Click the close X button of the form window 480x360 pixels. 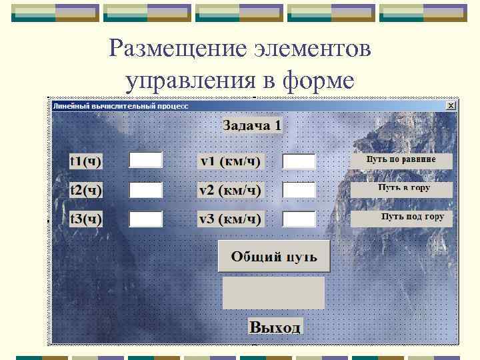451,105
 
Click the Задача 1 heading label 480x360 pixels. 252,125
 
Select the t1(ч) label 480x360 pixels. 87,161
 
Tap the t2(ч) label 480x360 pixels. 87,191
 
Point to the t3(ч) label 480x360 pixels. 87,219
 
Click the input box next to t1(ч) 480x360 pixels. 146,160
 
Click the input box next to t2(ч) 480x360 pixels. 146,190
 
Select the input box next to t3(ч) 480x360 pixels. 146,219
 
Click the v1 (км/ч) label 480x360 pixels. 230,161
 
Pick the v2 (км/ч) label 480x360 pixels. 230,191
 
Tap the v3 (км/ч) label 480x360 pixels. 230,219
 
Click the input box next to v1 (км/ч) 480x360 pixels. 299,161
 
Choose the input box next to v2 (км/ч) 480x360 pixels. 299,190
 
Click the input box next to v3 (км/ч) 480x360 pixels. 299,219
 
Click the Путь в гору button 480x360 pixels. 402,189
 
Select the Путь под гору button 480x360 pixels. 402,218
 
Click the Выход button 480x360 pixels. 275,327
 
